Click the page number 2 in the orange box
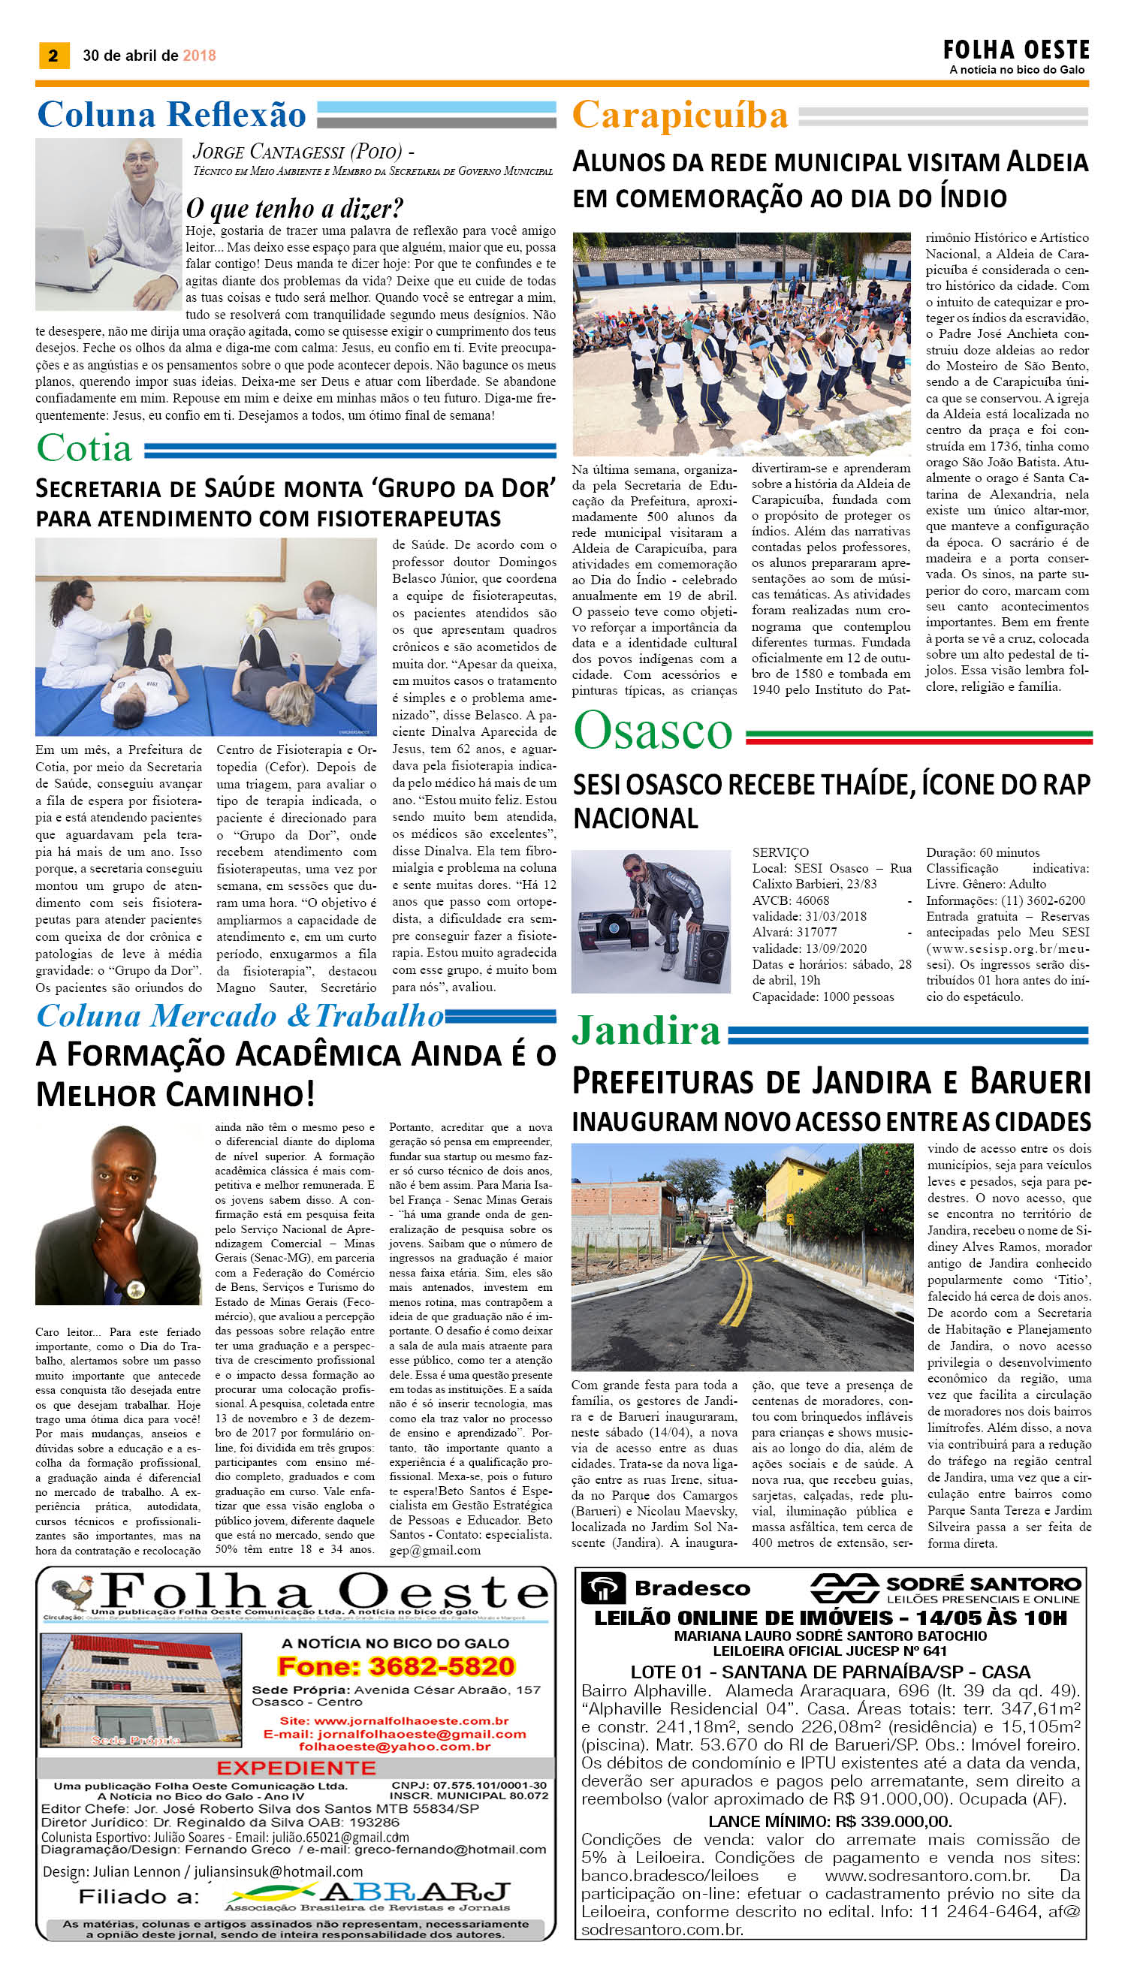tap(53, 55)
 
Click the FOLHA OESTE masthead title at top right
tap(1016, 50)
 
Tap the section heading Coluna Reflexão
tap(171, 114)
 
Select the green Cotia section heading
tap(84, 449)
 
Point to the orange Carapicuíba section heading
tap(679, 116)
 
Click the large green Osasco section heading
tap(653, 730)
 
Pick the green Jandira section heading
tap(646, 1030)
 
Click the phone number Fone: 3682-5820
tap(397, 1666)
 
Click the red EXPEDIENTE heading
tap(296, 1768)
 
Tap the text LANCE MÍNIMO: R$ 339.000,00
tap(830, 1822)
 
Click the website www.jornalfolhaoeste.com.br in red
tap(394, 1720)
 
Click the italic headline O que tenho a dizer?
tap(294, 209)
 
